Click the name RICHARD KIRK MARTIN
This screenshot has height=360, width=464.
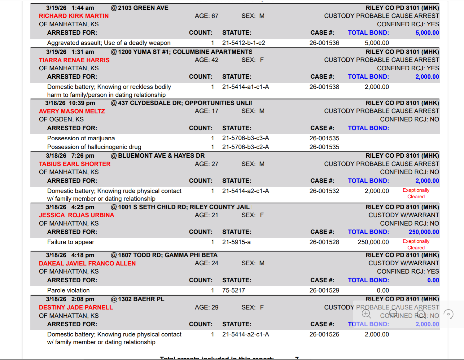point(74,16)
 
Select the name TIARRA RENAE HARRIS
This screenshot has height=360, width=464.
point(74,60)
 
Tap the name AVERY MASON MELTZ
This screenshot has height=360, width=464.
point(72,111)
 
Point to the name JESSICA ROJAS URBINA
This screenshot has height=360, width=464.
point(77,215)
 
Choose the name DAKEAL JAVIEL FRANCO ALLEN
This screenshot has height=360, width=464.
point(87,263)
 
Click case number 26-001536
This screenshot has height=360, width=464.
point(324,43)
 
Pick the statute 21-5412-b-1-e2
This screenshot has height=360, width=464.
point(243,43)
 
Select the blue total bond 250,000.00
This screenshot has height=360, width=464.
point(424,232)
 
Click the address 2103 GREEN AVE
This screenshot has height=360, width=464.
point(143,8)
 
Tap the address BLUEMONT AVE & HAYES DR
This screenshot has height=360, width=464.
point(161,156)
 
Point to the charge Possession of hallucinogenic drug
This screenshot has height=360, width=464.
point(94,147)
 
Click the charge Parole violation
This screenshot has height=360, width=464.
point(68,290)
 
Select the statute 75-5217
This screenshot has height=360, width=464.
point(233,290)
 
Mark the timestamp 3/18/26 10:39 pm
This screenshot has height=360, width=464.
point(70,103)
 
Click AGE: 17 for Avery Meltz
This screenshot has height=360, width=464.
point(206,111)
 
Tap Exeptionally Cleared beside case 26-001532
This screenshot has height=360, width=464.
point(416,193)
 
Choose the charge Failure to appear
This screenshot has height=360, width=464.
point(71,242)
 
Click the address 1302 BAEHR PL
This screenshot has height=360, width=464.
point(141,299)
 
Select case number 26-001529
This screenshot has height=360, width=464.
point(324,290)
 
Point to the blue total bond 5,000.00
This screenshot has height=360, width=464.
point(427,33)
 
